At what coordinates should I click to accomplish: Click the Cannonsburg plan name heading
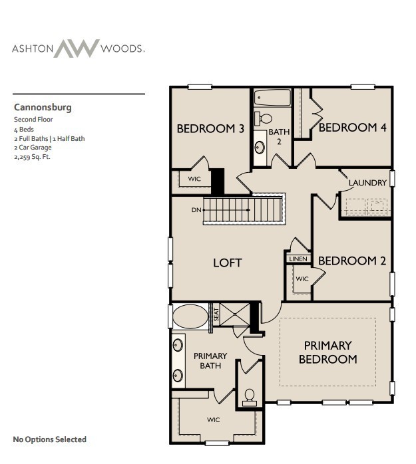pos(43,107)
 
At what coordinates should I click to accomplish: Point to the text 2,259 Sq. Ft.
pos(32,158)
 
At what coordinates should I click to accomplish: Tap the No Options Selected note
pos(49,439)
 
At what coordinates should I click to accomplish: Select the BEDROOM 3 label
pos(210,129)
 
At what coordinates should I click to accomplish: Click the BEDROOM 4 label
pos(352,128)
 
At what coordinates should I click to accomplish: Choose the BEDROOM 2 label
pos(351,261)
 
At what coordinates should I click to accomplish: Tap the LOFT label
pos(227,263)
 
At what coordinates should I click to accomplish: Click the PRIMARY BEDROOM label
pos(327,352)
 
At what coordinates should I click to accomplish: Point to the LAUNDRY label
pos(367,183)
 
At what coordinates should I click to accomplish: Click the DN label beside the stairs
pos(196,210)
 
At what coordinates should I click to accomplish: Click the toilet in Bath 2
pos(266,118)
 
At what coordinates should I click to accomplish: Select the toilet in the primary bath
pos(250,398)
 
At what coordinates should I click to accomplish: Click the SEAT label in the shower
pos(216,314)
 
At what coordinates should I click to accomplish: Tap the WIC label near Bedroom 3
pos(194,179)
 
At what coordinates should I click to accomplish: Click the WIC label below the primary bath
pos(213,420)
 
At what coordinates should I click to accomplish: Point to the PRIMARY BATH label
pos(210,361)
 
